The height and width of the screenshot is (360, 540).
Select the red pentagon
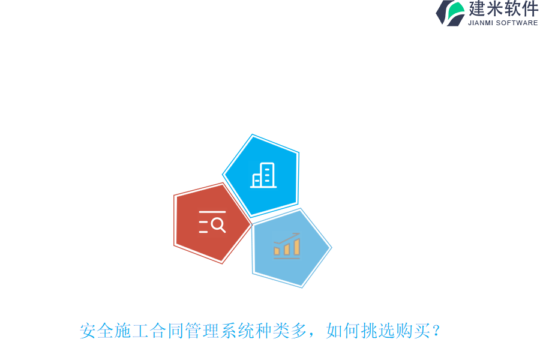tap(211, 223)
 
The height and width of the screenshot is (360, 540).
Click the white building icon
tap(263, 175)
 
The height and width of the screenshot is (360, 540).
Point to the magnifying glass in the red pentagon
tap(218, 225)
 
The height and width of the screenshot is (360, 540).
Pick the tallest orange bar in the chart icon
tap(296, 247)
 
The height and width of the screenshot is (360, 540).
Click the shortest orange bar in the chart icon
tap(277, 251)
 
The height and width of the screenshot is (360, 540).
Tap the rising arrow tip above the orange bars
tap(298, 234)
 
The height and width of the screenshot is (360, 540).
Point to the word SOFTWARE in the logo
tap(517, 23)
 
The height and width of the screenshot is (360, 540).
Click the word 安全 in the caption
tap(97, 331)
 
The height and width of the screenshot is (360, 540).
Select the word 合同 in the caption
tap(167, 331)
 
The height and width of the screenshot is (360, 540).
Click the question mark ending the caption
tap(436, 331)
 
